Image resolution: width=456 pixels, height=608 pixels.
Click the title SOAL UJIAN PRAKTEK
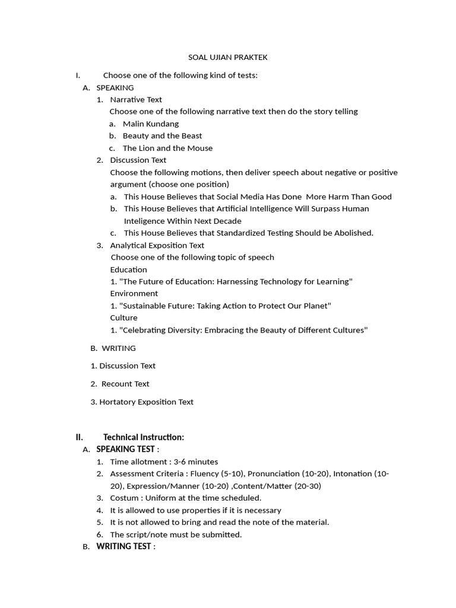(x=228, y=58)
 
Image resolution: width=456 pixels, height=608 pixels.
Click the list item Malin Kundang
(x=151, y=124)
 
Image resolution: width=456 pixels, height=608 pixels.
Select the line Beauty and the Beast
(x=162, y=136)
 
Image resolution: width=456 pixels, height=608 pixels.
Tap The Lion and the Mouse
(x=167, y=148)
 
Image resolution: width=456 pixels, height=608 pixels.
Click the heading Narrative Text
(x=136, y=100)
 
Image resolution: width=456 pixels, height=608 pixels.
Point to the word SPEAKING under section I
(x=115, y=88)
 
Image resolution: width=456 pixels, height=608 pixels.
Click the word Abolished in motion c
(x=352, y=233)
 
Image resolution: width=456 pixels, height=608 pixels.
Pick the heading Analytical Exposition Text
(x=157, y=245)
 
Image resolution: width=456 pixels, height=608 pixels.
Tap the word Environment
(x=134, y=294)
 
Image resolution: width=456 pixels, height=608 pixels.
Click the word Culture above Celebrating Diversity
(x=123, y=318)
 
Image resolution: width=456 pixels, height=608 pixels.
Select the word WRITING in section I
(x=119, y=349)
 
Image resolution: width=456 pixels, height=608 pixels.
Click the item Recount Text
(x=125, y=384)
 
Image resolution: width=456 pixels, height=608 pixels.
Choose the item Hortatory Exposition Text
(x=146, y=402)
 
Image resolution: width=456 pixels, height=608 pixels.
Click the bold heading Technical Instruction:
(x=144, y=438)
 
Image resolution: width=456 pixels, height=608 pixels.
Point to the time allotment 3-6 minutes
(x=196, y=462)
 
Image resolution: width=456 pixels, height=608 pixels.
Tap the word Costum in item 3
(x=123, y=498)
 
